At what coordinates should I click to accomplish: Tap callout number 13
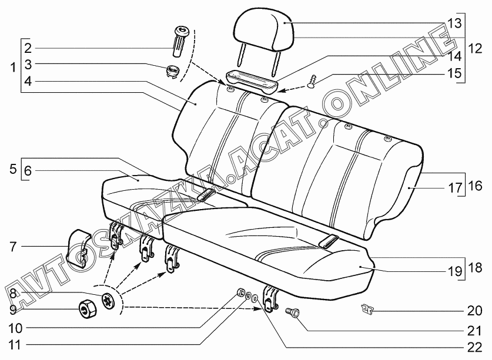pos(454,23)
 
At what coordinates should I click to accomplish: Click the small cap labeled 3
pos(173,70)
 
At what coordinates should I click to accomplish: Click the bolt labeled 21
pos(292,314)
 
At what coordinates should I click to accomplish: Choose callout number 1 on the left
pos(13,68)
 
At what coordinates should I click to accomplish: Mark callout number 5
pos(13,170)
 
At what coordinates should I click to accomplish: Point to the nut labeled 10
pos(240,292)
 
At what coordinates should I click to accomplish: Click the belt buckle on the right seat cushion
pos(329,240)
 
